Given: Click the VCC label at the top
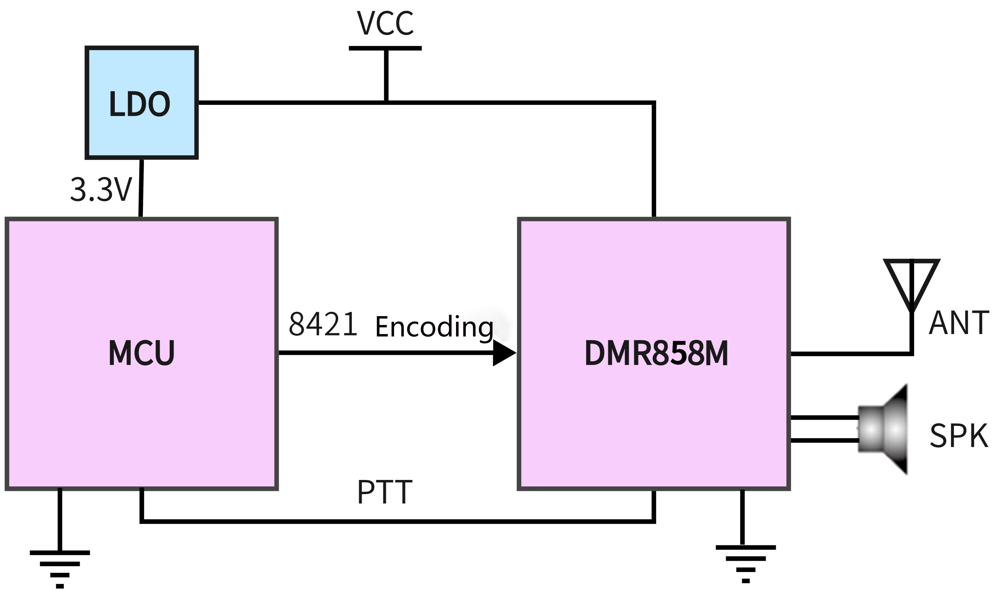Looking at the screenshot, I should [385, 23].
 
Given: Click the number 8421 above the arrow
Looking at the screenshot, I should [323, 324].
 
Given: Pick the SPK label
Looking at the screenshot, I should [959, 436].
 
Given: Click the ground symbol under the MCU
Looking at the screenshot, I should [60, 568].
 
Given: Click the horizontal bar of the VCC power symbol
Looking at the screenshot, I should [385, 48].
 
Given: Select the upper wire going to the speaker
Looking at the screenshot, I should [825, 418].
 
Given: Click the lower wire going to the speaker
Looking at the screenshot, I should [825, 440].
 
